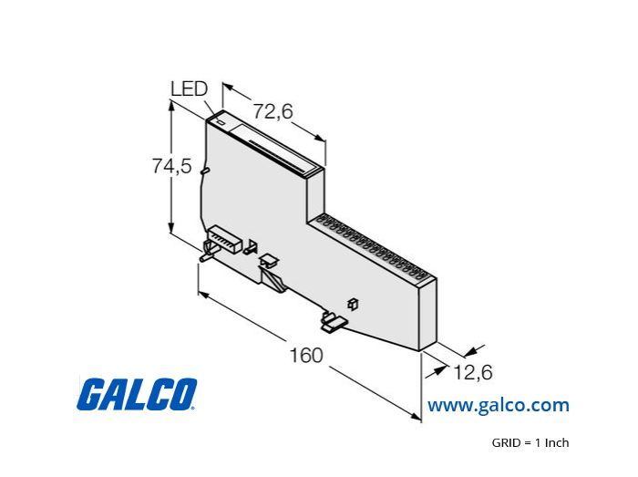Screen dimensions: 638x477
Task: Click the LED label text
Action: [x=190, y=88]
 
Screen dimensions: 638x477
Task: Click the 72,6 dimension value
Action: [x=273, y=110]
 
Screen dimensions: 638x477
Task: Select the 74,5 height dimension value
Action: [x=171, y=166]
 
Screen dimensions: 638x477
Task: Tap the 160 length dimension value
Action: [x=306, y=355]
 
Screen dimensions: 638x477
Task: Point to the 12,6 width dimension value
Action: [x=473, y=372]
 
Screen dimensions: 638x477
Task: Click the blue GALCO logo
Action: [x=137, y=394]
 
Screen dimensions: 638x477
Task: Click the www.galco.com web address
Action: [x=498, y=405]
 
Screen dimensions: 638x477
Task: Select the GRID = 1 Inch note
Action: [x=530, y=442]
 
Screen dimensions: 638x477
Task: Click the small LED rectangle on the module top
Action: [x=221, y=121]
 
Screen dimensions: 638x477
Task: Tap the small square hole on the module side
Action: [x=353, y=304]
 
